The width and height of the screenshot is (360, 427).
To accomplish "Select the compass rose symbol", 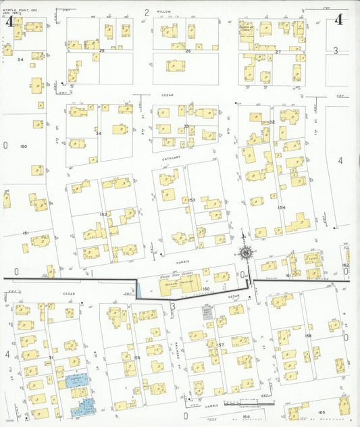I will (x=245, y=253).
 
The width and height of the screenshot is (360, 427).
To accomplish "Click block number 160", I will (x=206, y=289).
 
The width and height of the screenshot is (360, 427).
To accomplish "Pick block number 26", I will (x=188, y=51).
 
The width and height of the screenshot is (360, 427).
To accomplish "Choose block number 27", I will (x=278, y=51).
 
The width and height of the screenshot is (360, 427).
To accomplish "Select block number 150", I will (x=24, y=147).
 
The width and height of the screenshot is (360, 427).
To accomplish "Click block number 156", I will (x=136, y=358).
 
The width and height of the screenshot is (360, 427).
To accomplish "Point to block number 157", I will (x=220, y=345).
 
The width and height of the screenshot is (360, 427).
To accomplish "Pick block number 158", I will (x=308, y=336).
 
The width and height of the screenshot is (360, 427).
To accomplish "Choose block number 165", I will (x=321, y=411).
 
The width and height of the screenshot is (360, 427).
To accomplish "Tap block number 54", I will (x=20, y=60).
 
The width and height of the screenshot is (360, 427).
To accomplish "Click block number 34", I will (x=98, y=133).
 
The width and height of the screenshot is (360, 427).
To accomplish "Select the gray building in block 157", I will (x=207, y=312).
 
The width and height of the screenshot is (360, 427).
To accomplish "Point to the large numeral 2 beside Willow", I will (x=147, y=12).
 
